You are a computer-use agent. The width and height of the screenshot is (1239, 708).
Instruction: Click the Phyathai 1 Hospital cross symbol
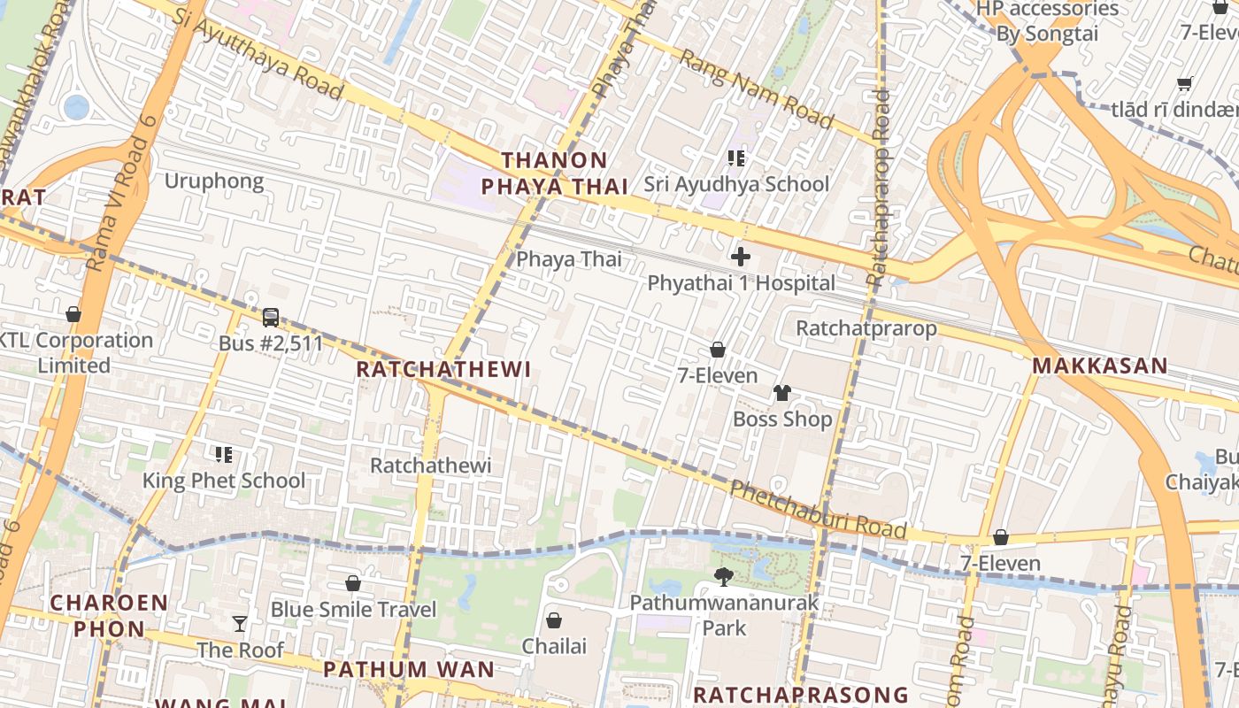(x=741, y=258)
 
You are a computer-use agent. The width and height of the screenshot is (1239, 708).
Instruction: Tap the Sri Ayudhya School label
(x=736, y=184)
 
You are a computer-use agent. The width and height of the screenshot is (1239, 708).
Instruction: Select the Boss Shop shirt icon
(x=782, y=393)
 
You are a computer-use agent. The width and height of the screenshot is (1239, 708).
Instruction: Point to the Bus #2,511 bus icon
(x=271, y=318)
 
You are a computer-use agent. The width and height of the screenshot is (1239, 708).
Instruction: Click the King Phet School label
(x=224, y=481)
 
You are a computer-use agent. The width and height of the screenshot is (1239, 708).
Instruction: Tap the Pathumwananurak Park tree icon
(x=724, y=578)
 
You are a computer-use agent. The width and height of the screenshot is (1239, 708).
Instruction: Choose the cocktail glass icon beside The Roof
(x=240, y=624)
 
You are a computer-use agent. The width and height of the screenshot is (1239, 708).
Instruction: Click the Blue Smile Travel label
(x=353, y=610)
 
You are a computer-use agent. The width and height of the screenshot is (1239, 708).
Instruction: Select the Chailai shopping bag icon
(x=554, y=620)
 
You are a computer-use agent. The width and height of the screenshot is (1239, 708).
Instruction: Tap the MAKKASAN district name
(x=1099, y=366)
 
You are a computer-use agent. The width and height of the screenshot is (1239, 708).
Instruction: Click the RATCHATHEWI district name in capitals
(x=443, y=370)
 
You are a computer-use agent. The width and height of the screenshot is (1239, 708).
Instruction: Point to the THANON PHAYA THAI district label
(x=555, y=173)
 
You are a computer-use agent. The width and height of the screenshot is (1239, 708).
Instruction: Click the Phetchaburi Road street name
(x=818, y=510)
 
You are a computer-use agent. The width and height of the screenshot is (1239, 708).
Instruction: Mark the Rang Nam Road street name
(x=757, y=88)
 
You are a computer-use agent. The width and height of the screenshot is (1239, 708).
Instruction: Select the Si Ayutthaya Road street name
(x=258, y=54)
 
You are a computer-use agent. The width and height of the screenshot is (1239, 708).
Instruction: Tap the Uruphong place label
(x=214, y=181)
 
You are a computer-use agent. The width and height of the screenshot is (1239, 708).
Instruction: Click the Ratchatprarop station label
(x=866, y=328)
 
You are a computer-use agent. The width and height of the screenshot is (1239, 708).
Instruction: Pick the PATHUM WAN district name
(x=409, y=669)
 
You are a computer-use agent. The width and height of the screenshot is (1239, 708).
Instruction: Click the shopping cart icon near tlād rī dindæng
(x=1184, y=84)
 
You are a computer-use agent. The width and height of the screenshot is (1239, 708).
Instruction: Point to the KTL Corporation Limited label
(x=75, y=352)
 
